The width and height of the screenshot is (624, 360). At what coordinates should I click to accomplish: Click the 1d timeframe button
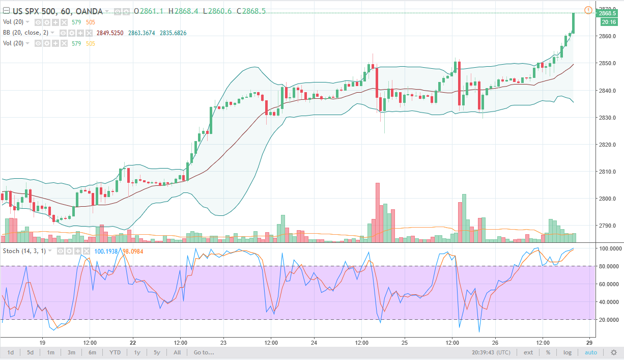(10, 352)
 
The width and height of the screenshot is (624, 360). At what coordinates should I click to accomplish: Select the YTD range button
(116, 352)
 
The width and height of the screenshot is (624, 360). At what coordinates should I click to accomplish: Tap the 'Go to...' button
(203, 352)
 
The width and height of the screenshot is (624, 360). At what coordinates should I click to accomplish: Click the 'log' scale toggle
(567, 352)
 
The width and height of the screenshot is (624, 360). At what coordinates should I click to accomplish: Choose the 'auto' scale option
(590, 352)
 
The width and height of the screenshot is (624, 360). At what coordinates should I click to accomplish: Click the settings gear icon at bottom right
(614, 352)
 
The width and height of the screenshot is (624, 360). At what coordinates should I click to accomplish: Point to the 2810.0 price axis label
(608, 172)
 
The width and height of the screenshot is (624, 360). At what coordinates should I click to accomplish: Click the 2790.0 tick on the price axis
(608, 226)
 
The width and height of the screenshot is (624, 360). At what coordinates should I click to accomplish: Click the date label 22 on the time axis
(133, 342)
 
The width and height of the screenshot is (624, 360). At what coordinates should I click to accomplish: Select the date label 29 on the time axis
(588, 342)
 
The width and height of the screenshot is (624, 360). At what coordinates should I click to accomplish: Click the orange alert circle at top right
(588, 10)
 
